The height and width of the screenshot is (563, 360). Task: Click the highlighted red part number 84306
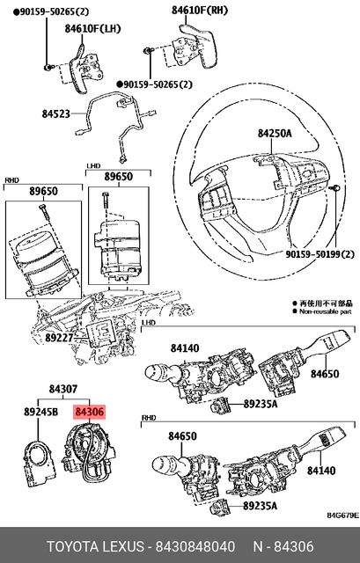pyautogui.click(x=90, y=411)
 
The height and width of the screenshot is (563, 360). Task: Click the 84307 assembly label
pyautogui.click(x=64, y=389)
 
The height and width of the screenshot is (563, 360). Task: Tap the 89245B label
pyautogui.click(x=40, y=411)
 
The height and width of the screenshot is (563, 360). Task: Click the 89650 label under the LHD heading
pyautogui.click(x=118, y=177)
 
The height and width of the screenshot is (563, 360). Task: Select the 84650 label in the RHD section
pyautogui.click(x=184, y=436)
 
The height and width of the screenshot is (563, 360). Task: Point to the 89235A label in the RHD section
pyautogui.click(x=260, y=506)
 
